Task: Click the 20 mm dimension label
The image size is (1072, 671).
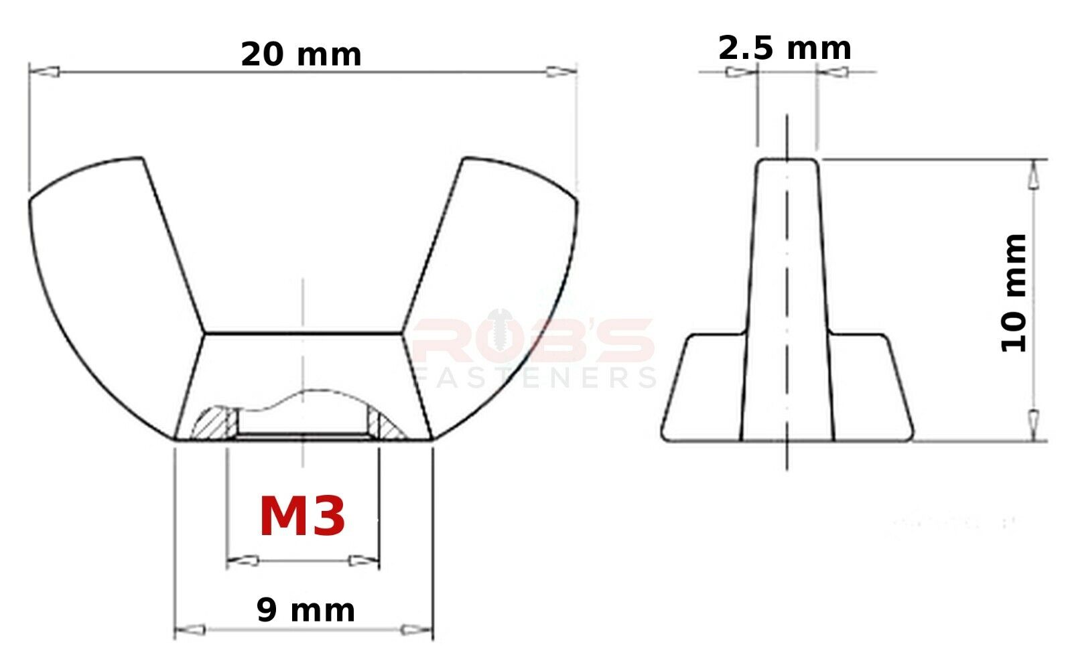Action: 301,54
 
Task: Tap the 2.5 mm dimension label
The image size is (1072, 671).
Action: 785,48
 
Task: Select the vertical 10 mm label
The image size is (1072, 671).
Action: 1013,293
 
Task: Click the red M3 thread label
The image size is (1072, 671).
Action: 302,517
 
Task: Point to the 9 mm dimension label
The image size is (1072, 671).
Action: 306,610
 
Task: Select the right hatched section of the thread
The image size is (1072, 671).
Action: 385,425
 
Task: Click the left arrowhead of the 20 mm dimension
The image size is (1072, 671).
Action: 44,72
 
